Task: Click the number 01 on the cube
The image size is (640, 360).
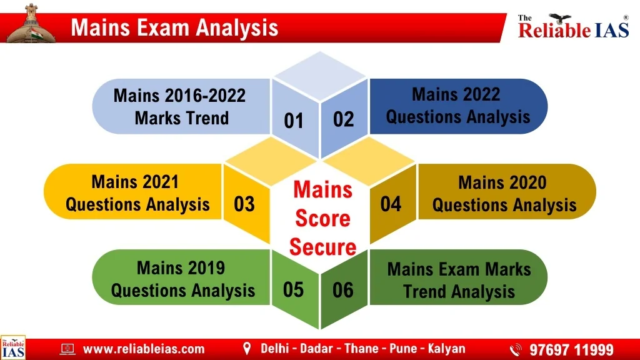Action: [294, 121]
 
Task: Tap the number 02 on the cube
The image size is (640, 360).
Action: [343, 119]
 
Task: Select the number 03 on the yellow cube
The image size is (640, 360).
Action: [244, 204]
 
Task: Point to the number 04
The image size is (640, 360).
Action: [391, 204]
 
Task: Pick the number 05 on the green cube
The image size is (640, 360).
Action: [294, 289]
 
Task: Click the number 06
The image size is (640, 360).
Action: [343, 290]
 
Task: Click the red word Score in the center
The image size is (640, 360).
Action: [322, 218]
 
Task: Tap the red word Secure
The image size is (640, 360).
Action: [322, 247]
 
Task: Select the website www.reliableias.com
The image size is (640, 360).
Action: [144, 349]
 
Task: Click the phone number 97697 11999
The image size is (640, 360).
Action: [571, 350]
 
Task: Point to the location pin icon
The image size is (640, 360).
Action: [246, 349]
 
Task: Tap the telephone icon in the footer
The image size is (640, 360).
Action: [516, 350]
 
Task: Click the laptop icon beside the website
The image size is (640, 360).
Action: [67, 349]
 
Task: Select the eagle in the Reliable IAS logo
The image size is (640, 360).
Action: [559, 18]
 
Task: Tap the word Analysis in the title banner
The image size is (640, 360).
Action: [237, 27]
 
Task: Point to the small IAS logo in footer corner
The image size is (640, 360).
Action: [13, 347]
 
